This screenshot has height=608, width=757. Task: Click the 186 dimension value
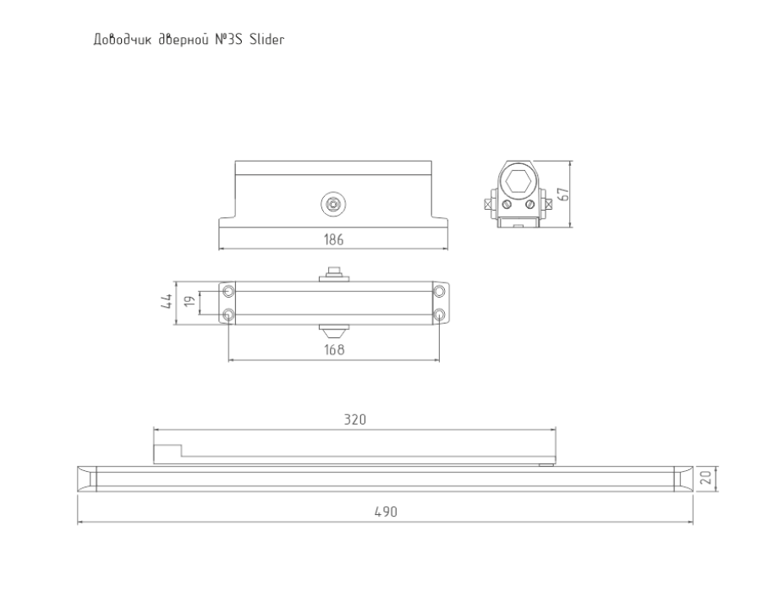[x=333, y=239]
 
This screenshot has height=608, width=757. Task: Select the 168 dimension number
[x=334, y=349]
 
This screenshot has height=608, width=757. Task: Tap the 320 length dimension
[x=355, y=419]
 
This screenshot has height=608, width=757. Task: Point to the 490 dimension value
[x=386, y=512]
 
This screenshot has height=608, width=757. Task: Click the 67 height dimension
[x=563, y=194]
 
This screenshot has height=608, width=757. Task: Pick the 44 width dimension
[x=166, y=302]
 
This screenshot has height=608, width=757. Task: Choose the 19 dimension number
[x=190, y=301]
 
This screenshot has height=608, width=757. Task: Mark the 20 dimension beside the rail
[x=705, y=478]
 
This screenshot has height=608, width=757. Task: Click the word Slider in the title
[x=267, y=40]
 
